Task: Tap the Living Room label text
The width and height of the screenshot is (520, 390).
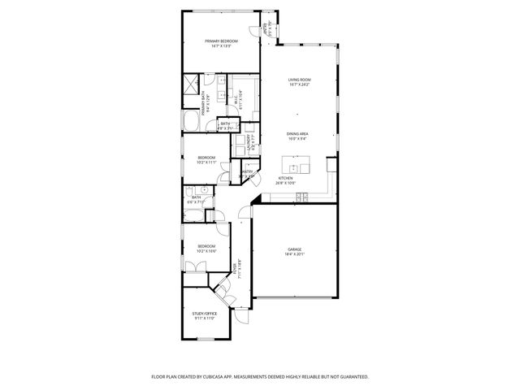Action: pyautogui.click(x=300, y=80)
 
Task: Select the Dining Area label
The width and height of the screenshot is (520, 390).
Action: pyautogui.click(x=297, y=133)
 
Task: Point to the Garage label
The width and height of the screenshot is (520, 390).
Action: pyautogui.click(x=294, y=249)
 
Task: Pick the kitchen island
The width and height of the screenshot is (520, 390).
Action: pyautogui.click(x=297, y=165)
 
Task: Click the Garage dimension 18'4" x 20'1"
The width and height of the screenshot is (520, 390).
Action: pyautogui.click(x=294, y=254)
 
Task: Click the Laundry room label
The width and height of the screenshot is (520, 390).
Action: pyautogui.click(x=251, y=143)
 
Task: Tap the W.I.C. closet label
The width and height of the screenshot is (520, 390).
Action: pyautogui.click(x=235, y=102)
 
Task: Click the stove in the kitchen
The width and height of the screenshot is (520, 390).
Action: pyautogui.click(x=301, y=197)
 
